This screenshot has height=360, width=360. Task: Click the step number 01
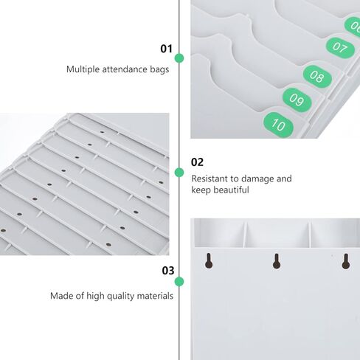pos(166,49)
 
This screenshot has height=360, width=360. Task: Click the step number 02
pos(197,162)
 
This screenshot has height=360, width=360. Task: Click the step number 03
pos(167,270)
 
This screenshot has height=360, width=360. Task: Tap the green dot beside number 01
pos(179,58)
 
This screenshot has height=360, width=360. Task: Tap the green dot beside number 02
pos(179,172)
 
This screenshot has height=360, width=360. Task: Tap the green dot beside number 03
pos(179,281)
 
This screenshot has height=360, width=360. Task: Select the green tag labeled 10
pos(279,125)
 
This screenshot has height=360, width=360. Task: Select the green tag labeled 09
pos(297,100)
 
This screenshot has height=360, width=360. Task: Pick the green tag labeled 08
pos(317,75)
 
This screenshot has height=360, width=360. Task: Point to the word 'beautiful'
pos(231,190)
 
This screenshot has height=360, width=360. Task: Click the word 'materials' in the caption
pos(156,296)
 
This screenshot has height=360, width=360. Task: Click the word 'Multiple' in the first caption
pos(82,69)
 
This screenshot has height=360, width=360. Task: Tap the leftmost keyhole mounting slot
pos(209,260)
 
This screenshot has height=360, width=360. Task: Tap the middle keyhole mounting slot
pos(277,260)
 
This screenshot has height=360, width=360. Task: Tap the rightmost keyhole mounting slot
pos(345,260)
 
